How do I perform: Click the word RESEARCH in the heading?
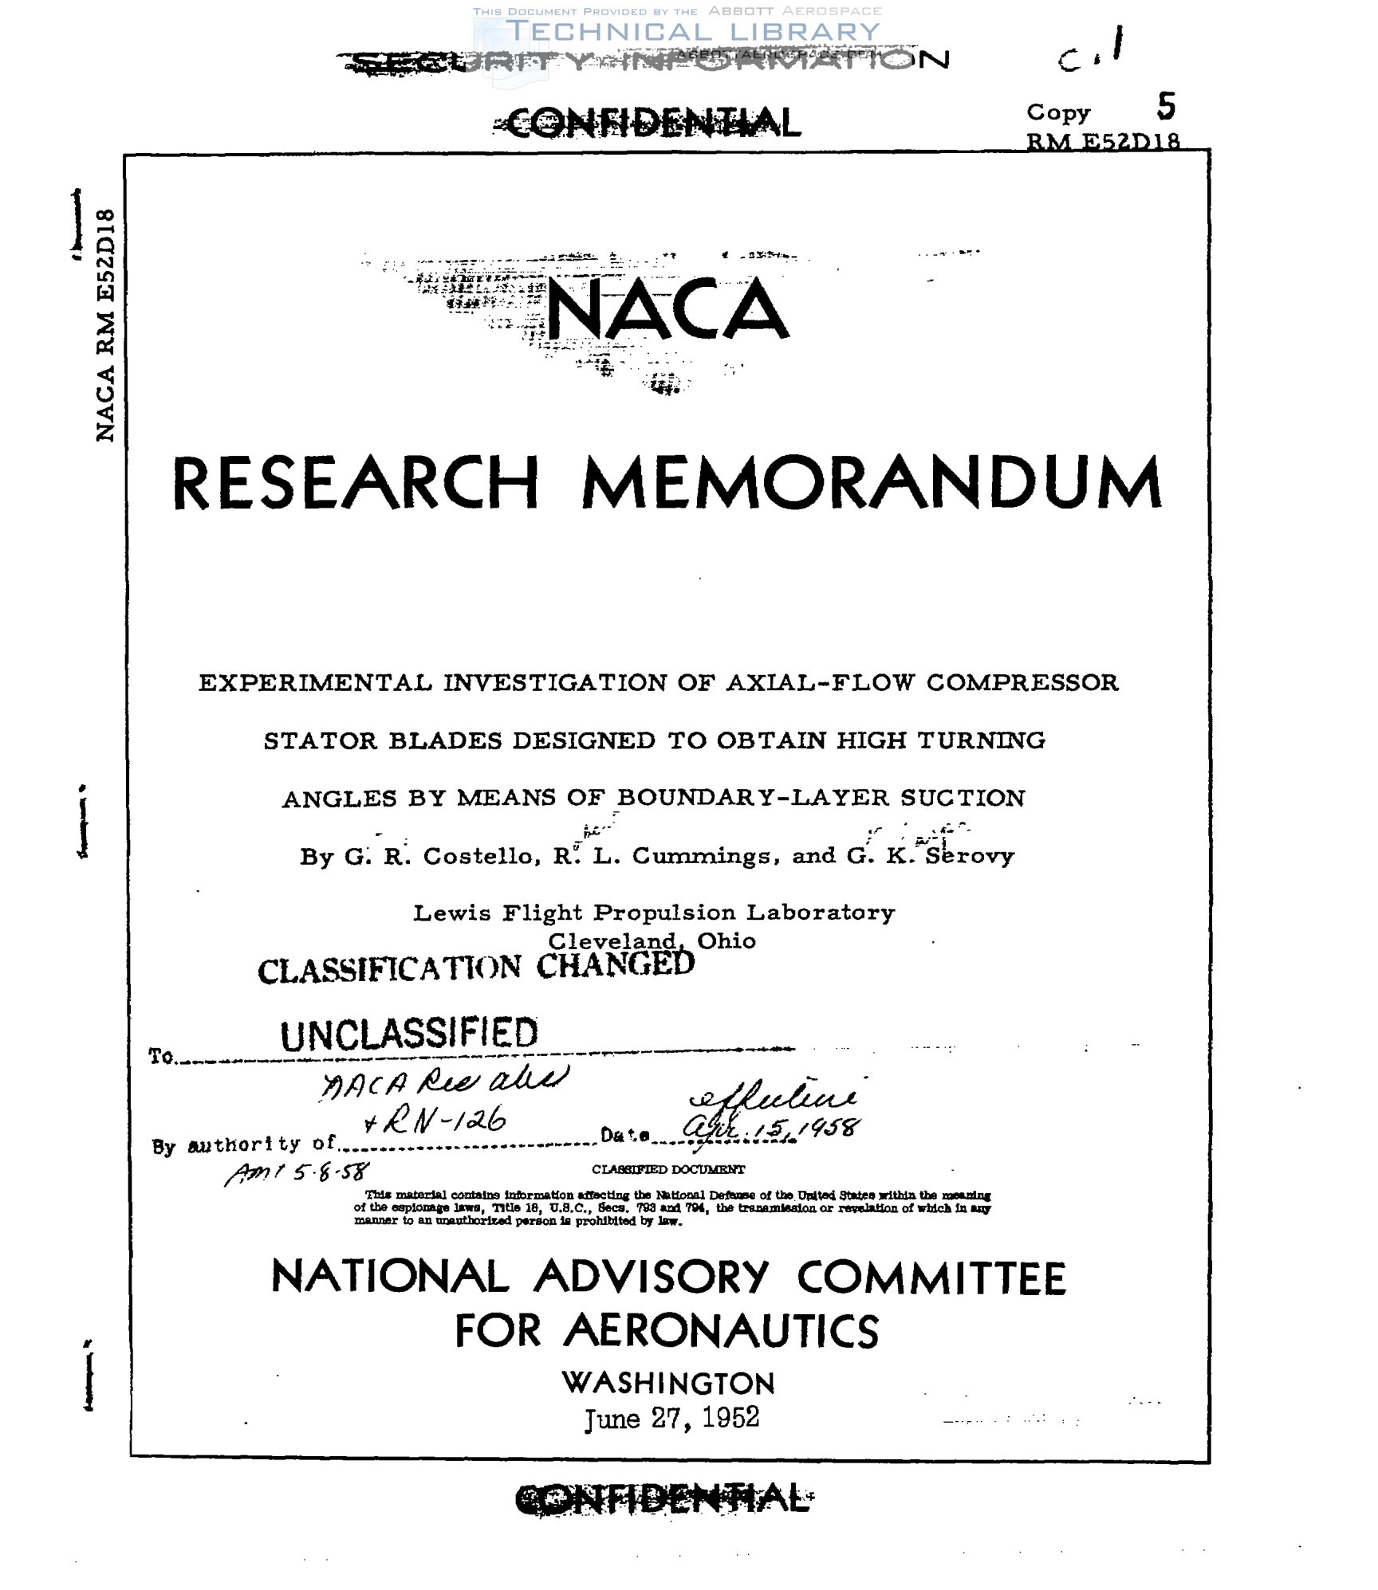(356, 484)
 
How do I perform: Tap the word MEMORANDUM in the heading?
(872, 484)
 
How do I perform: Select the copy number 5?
(1166, 106)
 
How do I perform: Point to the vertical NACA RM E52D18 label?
(105, 325)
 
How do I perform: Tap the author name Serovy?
(969, 856)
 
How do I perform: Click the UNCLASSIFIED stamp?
(409, 1034)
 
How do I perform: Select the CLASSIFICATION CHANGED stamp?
(476, 967)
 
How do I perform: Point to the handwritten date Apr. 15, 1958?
(771, 1127)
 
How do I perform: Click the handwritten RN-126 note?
(435, 1122)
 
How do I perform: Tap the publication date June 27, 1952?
(671, 1419)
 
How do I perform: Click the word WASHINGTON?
(668, 1383)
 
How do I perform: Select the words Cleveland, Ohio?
(652, 940)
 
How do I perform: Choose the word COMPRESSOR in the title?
(1022, 683)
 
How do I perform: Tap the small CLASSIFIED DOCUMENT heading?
(668, 1169)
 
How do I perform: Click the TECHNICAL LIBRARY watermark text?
(692, 32)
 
